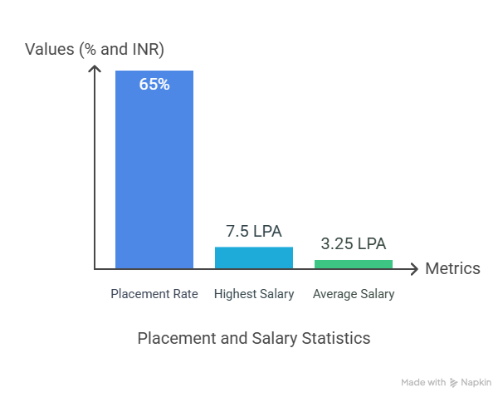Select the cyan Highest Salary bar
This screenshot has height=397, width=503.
(254, 257)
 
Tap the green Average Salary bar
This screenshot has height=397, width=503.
(354, 263)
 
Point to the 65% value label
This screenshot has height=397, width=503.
(154, 84)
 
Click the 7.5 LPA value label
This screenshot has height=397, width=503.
(254, 231)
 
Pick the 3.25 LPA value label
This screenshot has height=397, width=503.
(354, 244)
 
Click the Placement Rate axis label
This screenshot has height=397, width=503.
(154, 294)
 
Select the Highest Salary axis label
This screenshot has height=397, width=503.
(254, 294)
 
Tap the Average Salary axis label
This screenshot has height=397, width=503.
(354, 294)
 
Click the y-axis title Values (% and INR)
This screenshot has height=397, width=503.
(95, 49)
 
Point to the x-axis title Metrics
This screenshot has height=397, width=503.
(452, 268)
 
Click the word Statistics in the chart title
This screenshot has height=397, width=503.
(335, 338)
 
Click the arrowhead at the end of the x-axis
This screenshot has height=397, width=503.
(415, 268)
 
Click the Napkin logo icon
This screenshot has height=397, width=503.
(454, 383)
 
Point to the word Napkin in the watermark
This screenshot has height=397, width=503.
(476, 383)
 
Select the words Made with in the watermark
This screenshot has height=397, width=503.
(423, 383)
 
